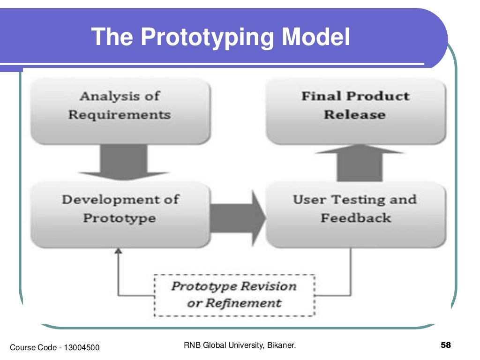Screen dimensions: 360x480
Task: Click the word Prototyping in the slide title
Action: tap(204, 37)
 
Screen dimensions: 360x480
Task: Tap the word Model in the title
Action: tap(315, 37)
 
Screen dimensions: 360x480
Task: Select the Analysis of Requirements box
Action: tap(120, 111)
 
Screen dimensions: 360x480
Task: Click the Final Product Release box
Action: tap(355, 111)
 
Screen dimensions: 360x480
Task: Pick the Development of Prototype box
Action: tap(120, 214)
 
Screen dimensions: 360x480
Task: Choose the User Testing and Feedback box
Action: tap(355, 214)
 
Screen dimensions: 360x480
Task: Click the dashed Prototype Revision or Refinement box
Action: tap(234, 295)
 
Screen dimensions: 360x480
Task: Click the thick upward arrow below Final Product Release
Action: tap(359, 164)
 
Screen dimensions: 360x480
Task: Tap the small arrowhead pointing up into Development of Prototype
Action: tap(118, 252)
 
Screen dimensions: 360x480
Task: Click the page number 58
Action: tap(446, 346)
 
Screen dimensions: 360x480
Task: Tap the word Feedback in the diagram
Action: tap(356, 218)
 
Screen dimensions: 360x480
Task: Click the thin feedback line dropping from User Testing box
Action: tap(351, 272)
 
